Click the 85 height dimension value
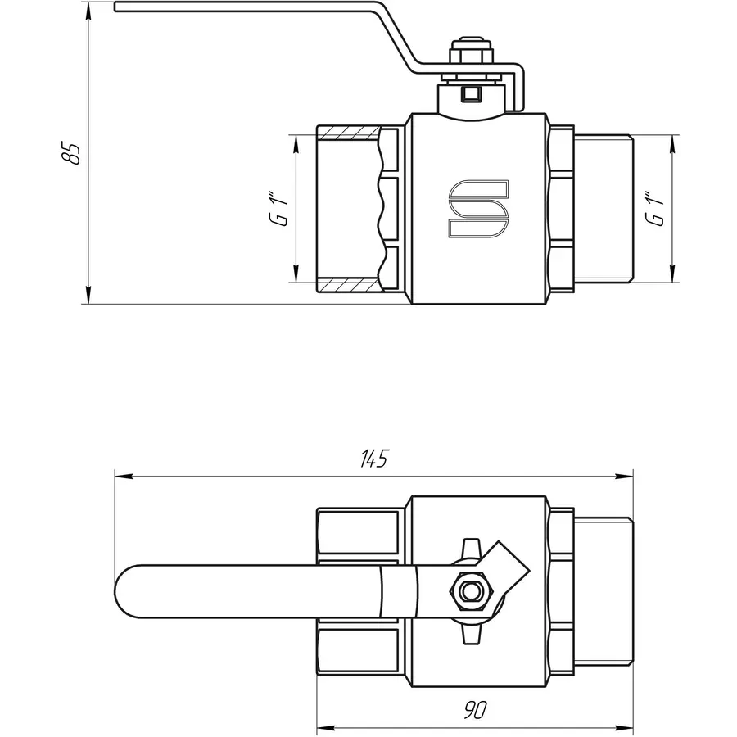[x=74, y=153]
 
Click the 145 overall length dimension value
[x=373, y=459]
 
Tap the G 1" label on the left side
[x=281, y=210]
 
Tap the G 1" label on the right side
[x=653, y=210]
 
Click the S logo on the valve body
[x=477, y=210]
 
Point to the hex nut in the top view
[x=469, y=589]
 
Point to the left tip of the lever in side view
[x=117, y=7]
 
